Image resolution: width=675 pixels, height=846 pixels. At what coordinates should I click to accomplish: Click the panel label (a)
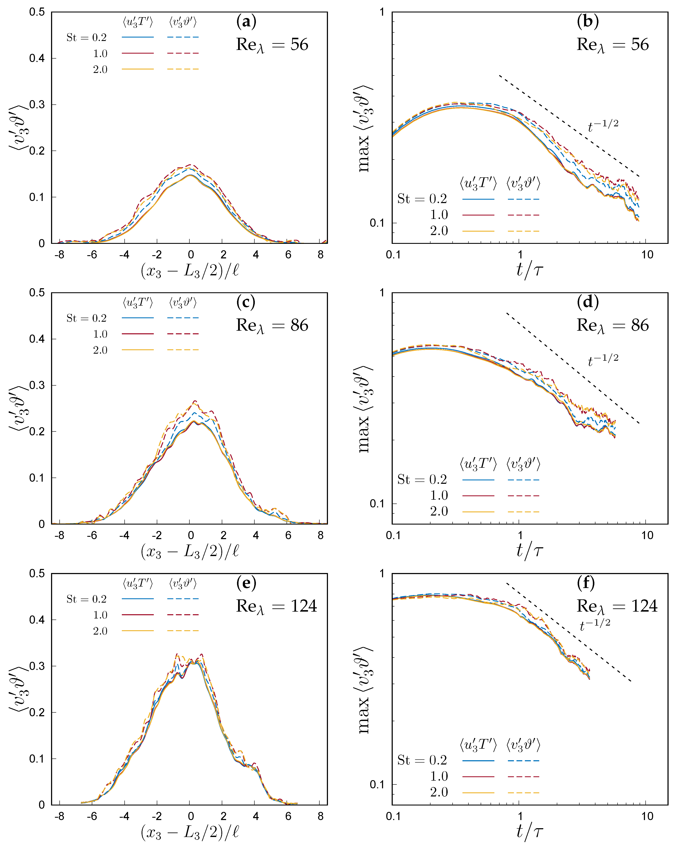tap(246, 22)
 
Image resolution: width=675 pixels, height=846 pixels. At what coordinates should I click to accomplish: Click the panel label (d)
tap(587, 302)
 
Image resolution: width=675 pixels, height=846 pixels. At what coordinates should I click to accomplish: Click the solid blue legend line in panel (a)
tap(138, 37)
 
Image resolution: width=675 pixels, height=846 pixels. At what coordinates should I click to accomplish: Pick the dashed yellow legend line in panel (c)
tap(183, 350)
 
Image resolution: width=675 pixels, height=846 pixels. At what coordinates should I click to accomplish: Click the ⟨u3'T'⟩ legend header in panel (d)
tap(478, 464)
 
